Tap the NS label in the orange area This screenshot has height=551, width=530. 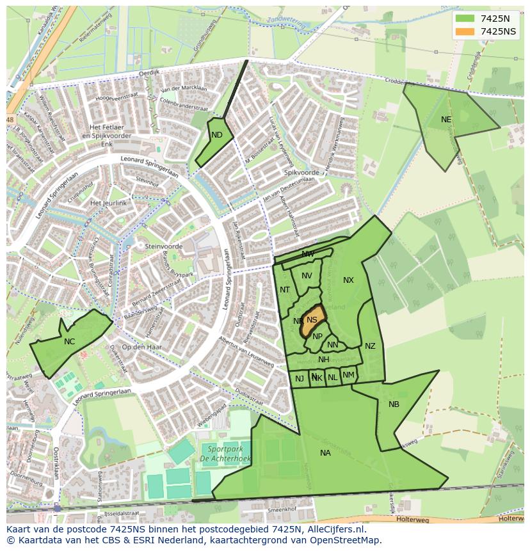coord(312,320)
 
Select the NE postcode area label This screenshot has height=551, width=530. coord(446,120)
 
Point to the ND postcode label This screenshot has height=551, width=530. coord(217,135)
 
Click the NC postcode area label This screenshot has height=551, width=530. coord(69,342)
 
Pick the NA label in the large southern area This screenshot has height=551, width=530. coord(325,453)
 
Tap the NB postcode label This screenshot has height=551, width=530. coord(394,404)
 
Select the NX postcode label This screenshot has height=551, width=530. coord(348,280)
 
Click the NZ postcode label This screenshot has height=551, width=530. coord(370,346)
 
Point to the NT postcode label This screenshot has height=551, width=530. coord(285,290)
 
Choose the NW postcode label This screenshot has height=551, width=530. coord(308,254)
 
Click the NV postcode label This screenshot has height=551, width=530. coord(307,276)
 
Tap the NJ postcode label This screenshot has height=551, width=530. coord(300,379)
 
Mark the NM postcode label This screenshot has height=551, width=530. coord(348,375)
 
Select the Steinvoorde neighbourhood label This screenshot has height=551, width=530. coord(164,246)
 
